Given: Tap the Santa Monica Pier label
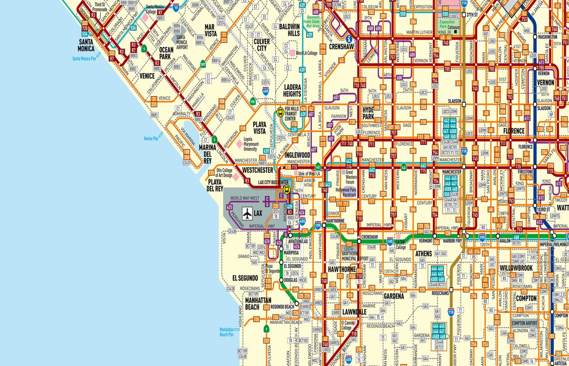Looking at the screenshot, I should [x=84, y=58].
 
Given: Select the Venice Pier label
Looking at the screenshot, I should [x=150, y=138].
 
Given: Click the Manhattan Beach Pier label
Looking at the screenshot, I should [x=226, y=332].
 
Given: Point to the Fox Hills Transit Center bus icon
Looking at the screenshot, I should [x=280, y=112].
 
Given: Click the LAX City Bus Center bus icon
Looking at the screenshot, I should [x=286, y=190].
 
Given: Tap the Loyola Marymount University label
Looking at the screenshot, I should [x=251, y=144].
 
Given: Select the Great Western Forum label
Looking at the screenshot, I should [x=351, y=177].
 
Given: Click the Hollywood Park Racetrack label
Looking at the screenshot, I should [x=346, y=192].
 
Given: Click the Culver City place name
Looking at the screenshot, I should [x=262, y=45].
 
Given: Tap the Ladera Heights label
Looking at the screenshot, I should [x=292, y=91].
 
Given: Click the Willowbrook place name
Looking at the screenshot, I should [x=516, y=268].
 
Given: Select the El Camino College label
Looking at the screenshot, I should [x=346, y=325].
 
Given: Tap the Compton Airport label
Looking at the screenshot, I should [x=524, y=323].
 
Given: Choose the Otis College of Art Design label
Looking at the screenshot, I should [x=224, y=173].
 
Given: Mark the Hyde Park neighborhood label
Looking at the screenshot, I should [x=368, y=113].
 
